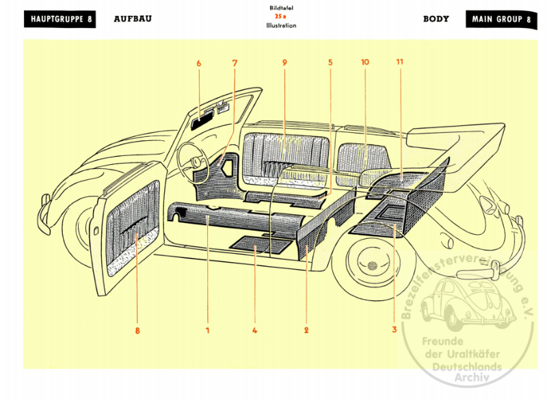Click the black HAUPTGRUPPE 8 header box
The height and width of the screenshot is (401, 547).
pyautogui.click(x=61, y=19)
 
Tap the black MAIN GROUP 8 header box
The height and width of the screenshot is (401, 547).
pyautogui.click(x=501, y=19)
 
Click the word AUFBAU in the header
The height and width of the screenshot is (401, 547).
pyautogui.click(x=133, y=19)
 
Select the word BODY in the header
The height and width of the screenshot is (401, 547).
pyautogui.click(x=436, y=19)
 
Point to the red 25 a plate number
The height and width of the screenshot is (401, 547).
pyautogui.click(x=282, y=16)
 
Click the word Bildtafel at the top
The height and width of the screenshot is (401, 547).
pyautogui.click(x=282, y=8)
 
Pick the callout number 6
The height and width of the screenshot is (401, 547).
pyautogui.click(x=199, y=63)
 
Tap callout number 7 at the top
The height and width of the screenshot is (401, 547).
pyautogui.click(x=235, y=63)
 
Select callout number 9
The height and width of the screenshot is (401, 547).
pyautogui.click(x=284, y=63)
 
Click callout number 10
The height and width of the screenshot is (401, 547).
pyautogui.click(x=364, y=62)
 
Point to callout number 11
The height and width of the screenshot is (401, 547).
pyautogui.click(x=399, y=62)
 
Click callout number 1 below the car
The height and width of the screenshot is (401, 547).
pyautogui.click(x=206, y=331)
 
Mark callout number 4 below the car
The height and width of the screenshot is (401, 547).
pyautogui.click(x=254, y=331)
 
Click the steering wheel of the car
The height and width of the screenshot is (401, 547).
pyautogui.click(x=191, y=159)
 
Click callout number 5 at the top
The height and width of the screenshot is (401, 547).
pyautogui.click(x=330, y=63)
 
